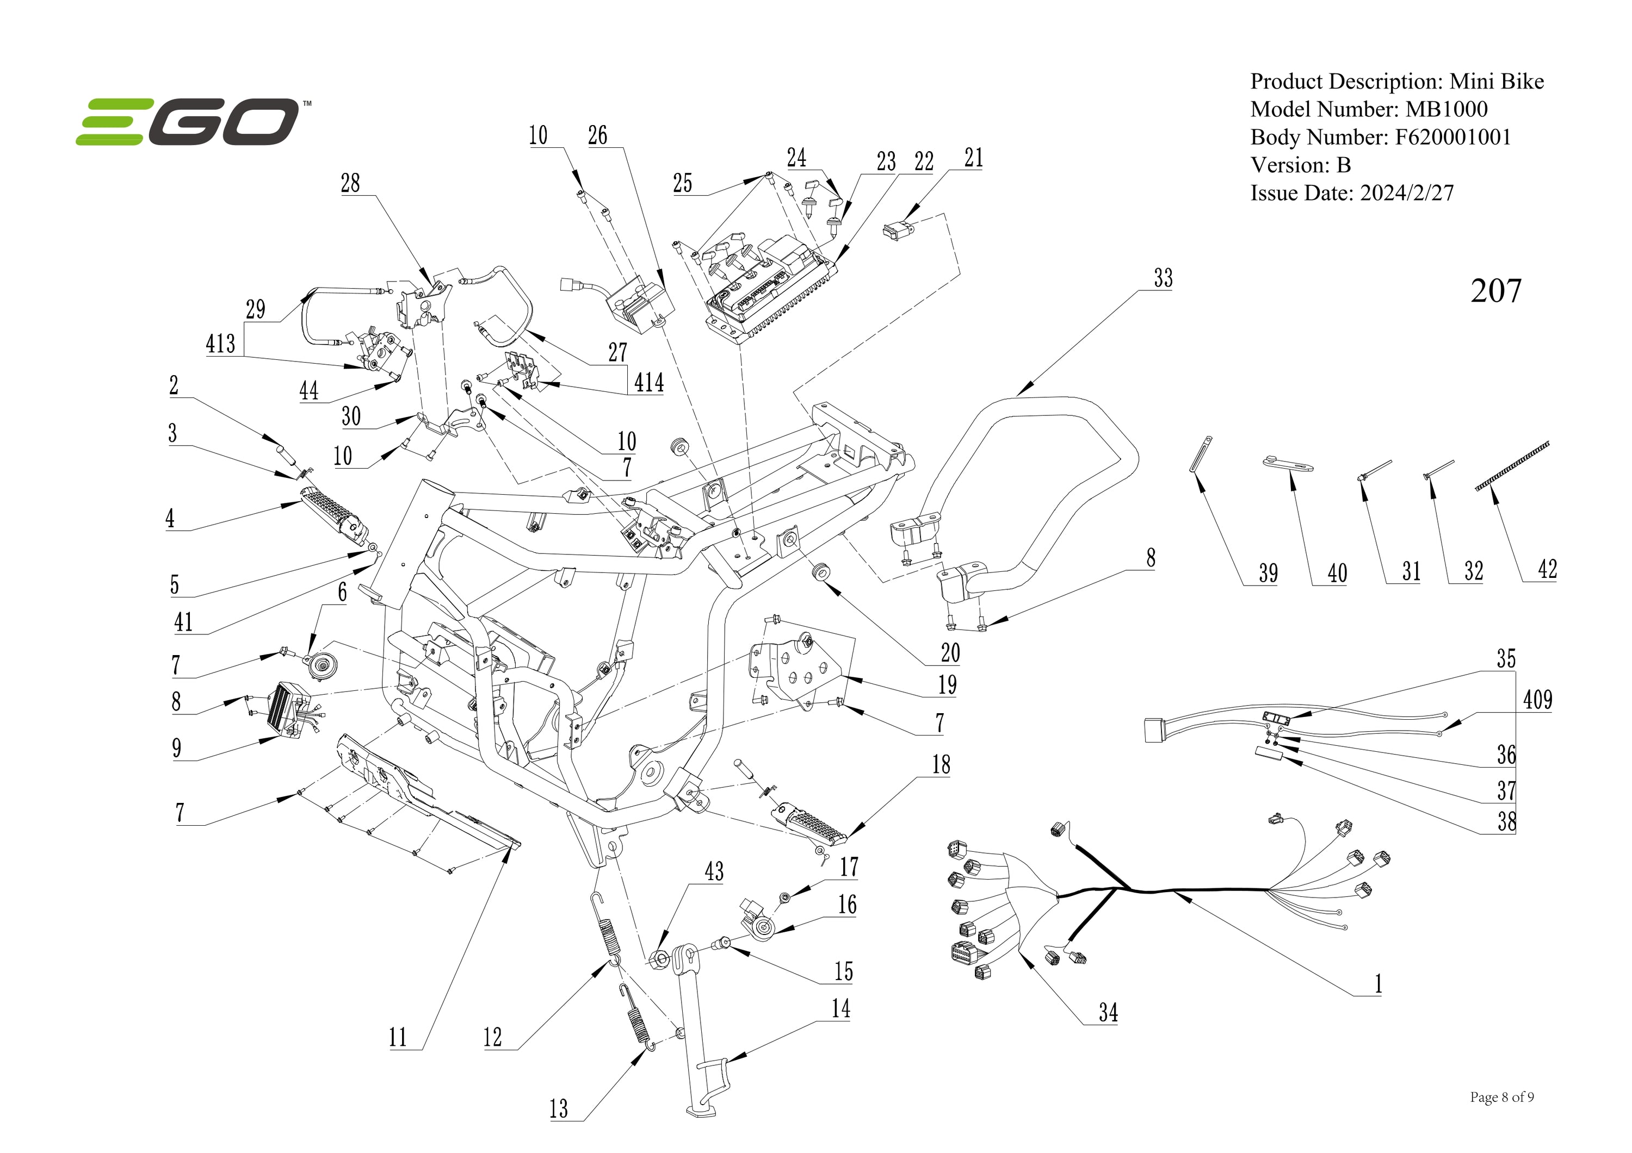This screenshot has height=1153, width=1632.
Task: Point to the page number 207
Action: coord(1495,291)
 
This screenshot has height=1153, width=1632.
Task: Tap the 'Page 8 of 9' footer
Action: coord(1501,1098)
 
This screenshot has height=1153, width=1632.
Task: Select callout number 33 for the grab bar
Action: coord(1163,278)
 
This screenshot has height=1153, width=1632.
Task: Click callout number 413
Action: coord(220,344)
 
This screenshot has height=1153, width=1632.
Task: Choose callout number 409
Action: coord(1537,700)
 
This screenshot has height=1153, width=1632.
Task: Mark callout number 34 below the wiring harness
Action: coord(1108,1012)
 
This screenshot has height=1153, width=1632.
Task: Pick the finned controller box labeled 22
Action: coord(768,291)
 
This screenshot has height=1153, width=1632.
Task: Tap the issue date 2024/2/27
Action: coord(1407,193)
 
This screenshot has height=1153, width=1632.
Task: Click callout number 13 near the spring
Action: coord(559,1108)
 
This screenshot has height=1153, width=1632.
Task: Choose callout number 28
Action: coord(350,183)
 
